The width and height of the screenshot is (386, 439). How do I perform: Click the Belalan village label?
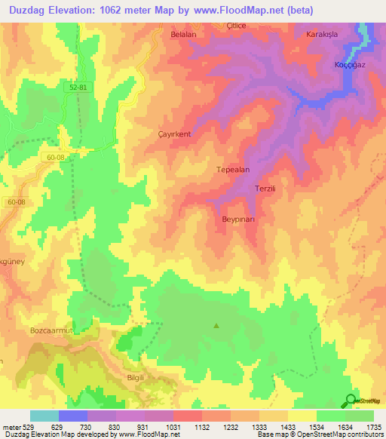183,35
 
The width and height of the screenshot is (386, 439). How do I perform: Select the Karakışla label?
323,35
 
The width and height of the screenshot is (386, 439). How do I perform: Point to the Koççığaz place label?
351,65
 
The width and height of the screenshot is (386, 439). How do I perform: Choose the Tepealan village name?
233,170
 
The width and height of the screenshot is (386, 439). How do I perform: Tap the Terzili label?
268,189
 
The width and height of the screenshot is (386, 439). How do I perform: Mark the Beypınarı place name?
241,219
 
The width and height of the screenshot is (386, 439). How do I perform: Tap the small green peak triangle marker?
216,326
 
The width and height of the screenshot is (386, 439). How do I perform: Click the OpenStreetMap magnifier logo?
351,401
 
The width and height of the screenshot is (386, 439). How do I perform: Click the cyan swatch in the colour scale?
44,416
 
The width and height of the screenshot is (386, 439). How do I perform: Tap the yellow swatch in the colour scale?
302,416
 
